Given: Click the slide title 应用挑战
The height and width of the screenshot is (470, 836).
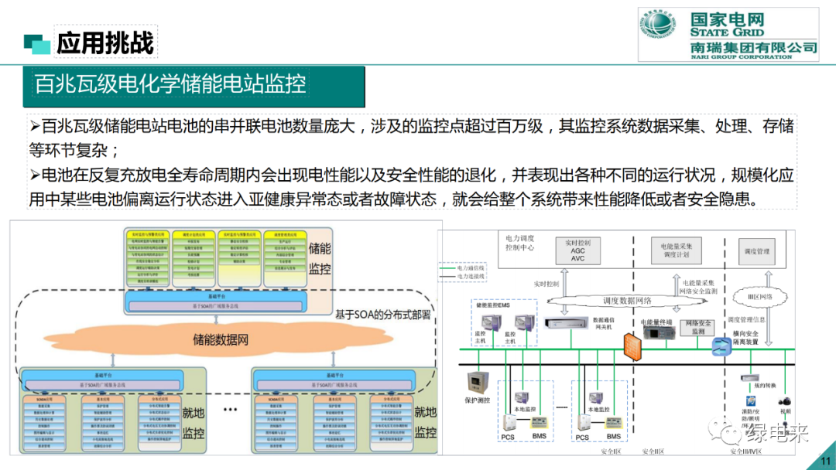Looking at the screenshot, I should click(x=105, y=43).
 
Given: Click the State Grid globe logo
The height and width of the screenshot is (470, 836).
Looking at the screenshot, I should click(x=662, y=33).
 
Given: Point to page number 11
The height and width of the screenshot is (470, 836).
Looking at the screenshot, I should click(x=824, y=462).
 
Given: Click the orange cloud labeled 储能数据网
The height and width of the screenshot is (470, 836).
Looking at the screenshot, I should click(x=221, y=339).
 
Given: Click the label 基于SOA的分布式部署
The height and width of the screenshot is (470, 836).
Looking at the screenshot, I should click(x=382, y=315).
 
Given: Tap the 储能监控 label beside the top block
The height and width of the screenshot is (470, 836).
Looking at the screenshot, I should click(x=320, y=258).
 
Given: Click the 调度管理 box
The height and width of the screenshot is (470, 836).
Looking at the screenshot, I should click(x=756, y=251).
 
